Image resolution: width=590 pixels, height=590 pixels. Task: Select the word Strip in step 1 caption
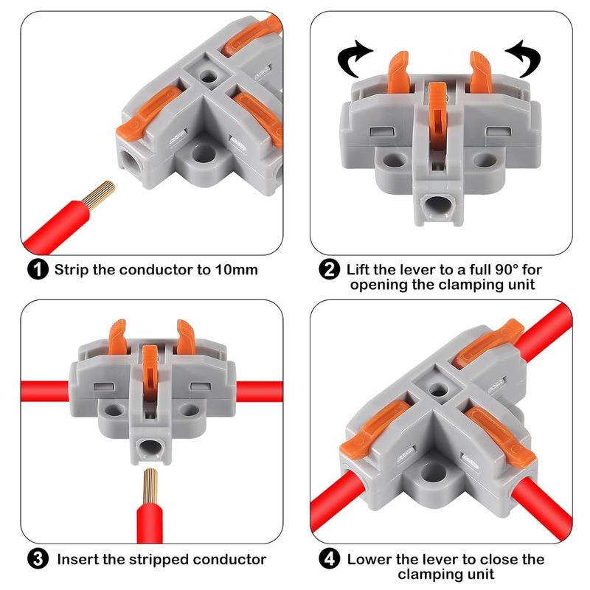click(72, 269)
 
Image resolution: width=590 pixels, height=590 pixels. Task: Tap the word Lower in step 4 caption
click(370, 559)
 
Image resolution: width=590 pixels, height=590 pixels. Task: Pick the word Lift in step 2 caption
click(359, 269)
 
